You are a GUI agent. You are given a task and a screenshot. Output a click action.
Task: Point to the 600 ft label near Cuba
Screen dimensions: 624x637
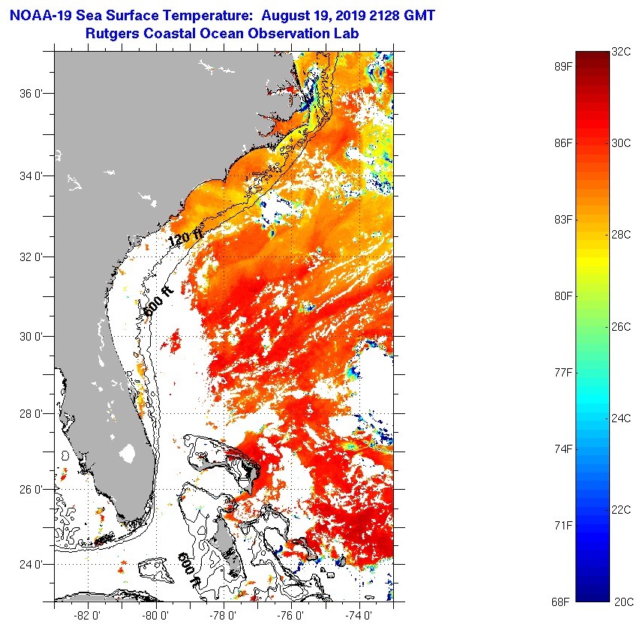pos(189,569)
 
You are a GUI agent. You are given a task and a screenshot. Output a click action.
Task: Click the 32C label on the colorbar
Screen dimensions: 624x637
pos(621,52)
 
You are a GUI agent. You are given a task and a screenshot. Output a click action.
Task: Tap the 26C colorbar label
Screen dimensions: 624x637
pos(621,327)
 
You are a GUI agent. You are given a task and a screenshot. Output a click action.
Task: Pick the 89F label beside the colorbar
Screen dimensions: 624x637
pos(558,66)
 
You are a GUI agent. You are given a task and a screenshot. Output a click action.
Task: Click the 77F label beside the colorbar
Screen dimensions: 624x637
pos(558,372)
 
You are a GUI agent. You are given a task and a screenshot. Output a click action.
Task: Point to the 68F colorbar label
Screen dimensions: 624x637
pos(558,601)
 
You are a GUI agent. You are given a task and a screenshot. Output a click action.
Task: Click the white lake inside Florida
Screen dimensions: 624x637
pos(128,453)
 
